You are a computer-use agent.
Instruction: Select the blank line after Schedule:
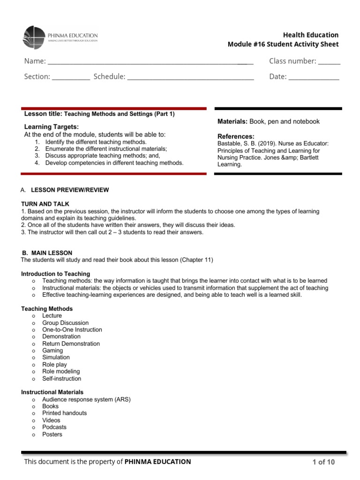(x=190, y=77)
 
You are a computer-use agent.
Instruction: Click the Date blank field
(x=314, y=77)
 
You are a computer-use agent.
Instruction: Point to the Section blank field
(x=71, y=77)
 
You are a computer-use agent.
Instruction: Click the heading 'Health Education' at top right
(x=310, y=35)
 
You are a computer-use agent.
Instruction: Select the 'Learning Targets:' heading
(x=52, y=127)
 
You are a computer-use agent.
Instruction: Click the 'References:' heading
(x=236, y=136)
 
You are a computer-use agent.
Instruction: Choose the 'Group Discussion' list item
(x=65, y=323)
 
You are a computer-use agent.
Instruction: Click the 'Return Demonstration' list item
(x=71, y=344)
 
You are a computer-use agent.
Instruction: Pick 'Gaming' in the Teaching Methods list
(x=52, y=351)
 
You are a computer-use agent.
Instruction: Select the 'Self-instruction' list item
(x=61, y=378)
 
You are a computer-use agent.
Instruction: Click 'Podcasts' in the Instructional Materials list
(x=54, y=427)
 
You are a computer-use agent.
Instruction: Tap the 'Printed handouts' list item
(x=64, y=413)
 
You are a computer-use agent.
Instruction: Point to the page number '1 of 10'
(x=323, y=462)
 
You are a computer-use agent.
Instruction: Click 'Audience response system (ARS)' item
(x=86, y=399)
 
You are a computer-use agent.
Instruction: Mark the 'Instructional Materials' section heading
(x=52, y=392)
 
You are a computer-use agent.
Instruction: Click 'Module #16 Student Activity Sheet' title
(x=283, y=45)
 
